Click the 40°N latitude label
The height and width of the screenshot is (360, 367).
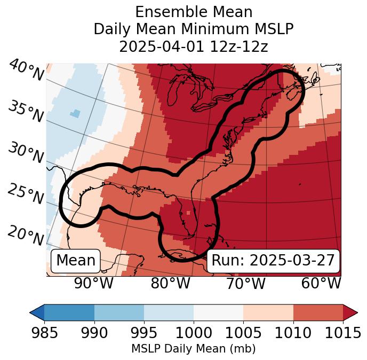click(x=26, y=70)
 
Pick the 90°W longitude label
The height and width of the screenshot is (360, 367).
click(x=93, y=284)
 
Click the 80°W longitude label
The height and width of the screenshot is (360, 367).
click(x=170, y=284)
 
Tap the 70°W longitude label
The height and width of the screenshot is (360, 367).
click(x=245, y=284)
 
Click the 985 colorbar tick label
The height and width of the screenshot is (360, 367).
click(x=44, y=333)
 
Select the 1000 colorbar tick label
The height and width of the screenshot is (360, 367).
click(x=194, y=333)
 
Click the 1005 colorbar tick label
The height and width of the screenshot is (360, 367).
click(x=243, y=333)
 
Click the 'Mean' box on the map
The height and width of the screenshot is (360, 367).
click(x=76, y=261)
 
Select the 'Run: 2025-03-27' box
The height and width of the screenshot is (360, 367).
click(x=273, y=261)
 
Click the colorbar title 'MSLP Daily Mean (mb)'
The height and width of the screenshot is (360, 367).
click(x=193, y=349)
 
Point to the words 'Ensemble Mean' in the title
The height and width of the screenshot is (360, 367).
click(x=193, y=12)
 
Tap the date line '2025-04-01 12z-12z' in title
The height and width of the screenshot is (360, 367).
click(x=193, y=46)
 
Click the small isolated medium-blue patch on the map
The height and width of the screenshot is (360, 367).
click(x=75, y=113)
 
